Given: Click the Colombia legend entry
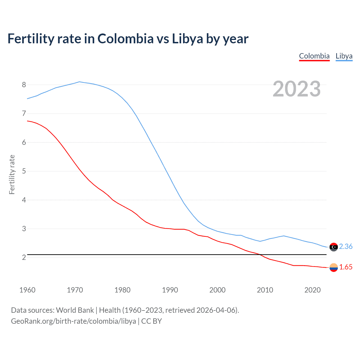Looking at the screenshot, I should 314,56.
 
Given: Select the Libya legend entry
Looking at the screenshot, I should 344,56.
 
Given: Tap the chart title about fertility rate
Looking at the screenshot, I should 128,39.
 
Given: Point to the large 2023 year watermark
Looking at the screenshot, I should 296,89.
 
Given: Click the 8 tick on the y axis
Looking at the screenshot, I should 24,85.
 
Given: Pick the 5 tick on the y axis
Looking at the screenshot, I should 24,171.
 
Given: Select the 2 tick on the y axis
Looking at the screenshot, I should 24,257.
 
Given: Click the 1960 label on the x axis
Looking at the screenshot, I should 27,290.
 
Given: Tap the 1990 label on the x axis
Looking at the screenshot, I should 170,290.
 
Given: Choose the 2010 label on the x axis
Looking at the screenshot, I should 265,290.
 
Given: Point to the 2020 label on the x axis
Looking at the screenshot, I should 312,290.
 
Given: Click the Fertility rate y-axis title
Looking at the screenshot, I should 12,174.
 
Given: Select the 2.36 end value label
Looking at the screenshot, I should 346,246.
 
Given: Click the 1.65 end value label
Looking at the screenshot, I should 346,267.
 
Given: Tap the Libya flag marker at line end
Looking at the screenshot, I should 334,247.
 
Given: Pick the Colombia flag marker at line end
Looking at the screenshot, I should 334,267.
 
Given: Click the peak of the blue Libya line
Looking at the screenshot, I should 79,82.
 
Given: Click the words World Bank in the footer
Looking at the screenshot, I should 75,310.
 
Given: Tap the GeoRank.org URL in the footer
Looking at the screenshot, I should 73,321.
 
